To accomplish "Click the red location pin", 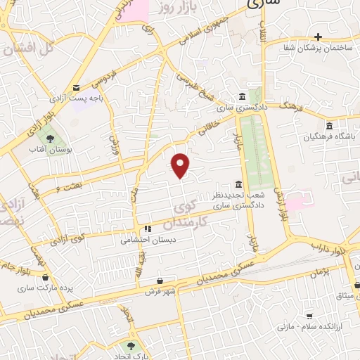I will (181, 165).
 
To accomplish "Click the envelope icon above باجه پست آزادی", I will (76, 86).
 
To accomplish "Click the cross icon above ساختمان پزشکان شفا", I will (318, 37).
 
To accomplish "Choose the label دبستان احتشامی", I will (146, 240).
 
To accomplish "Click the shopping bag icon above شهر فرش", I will (160, 280).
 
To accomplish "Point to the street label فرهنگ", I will (290, 106).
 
